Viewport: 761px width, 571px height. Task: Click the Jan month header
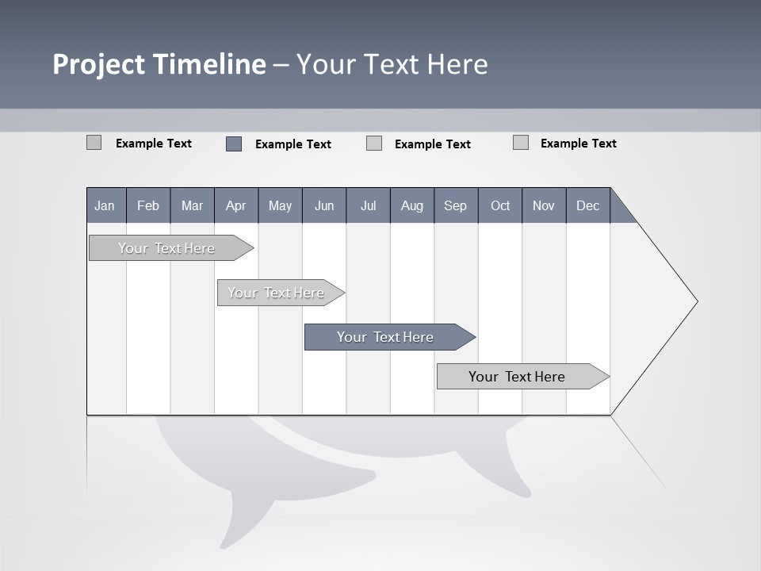click(x=105, y=205)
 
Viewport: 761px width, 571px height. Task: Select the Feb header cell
click(x=148, y=205)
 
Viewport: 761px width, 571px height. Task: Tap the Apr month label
click(x=235, y=205)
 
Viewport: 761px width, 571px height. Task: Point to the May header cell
click(x=280, y=205)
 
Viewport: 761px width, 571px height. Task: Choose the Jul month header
click(x=368, y=205)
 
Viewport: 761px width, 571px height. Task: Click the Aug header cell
click(x=411, y=205)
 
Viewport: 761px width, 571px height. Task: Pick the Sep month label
click(x=455, y=205)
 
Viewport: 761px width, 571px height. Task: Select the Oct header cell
click(x=500, y=205)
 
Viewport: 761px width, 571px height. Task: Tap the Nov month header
click(x=544, y=205)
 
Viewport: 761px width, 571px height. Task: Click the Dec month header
click(x=587, y=205)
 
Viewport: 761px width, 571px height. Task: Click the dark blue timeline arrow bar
click(x=385, y=337)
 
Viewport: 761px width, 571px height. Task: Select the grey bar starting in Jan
click(x=166, y=248)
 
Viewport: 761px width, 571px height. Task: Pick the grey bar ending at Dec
click(x=517, y=377)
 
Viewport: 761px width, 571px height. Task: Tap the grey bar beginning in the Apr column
click(x=276, y=293)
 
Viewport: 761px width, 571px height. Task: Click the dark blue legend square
click(x=234, y=144)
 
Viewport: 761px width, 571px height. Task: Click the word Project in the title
click(x=97, y=64)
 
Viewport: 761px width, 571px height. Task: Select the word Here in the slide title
click(x=457, y=64)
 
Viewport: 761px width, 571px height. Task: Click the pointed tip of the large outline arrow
click(x=695, y=301)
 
